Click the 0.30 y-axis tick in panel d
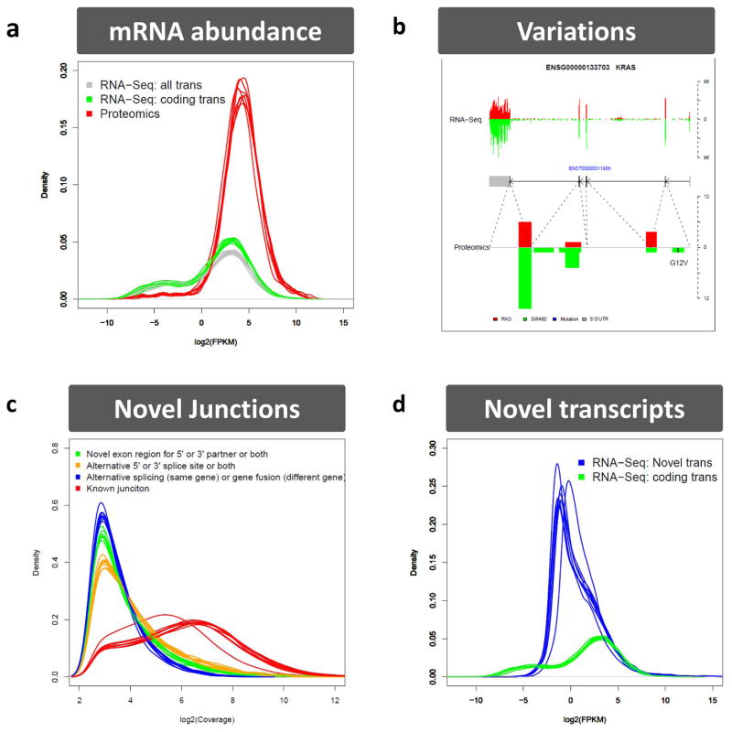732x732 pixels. tap(426, 446)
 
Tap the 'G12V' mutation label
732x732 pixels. tap(678, 262)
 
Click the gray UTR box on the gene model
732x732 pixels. tap(499, 180)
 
